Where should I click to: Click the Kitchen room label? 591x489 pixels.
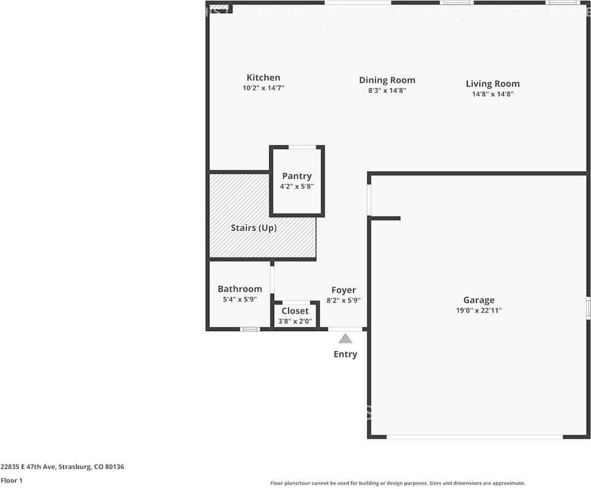pyautogui.click(x=263, y=78)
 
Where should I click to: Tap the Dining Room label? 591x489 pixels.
pyautogui.click(x=387, y=80)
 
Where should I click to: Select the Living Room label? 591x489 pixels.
pyautogui.click(x=492, y=84)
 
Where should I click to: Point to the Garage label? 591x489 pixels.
pyautogui.click(x=479, y=300)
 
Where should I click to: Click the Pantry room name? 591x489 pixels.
pyautogui.click(x=297, y=176)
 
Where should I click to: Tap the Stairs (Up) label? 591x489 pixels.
pyautogui.click(x=253, y=228)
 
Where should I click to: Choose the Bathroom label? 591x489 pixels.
pyautogui.click(x=240, y=289)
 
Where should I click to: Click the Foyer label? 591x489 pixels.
pyautogui.click(x=343, y=290)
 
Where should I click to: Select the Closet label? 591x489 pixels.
pyautogui.click(x=295, y=311)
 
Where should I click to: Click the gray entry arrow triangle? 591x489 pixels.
pyautogui.click(x=345, y=339)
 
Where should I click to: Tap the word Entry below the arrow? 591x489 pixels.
pyautogui.click(x=345, y=354)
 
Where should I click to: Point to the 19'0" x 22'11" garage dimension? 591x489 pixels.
pyautogui.click(x=479, y=310)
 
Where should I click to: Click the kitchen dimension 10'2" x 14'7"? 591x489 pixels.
pyautogui.click(x=263, y=88)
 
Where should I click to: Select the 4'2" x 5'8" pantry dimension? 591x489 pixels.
pyautogui.click(x=297, y=186)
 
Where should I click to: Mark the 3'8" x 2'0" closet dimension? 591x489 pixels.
pyautogui.click(x=295, y=321)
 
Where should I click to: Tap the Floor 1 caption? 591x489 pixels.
pyautogui.click(x=12, y=480)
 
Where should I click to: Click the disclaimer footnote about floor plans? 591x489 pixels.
pyautogui.click(x=397, y=483)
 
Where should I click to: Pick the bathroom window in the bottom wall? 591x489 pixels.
pyautogui.click(x=250, y=329)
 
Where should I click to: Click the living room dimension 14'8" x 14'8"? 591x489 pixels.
pyautogui.click(x=492, y=94)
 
